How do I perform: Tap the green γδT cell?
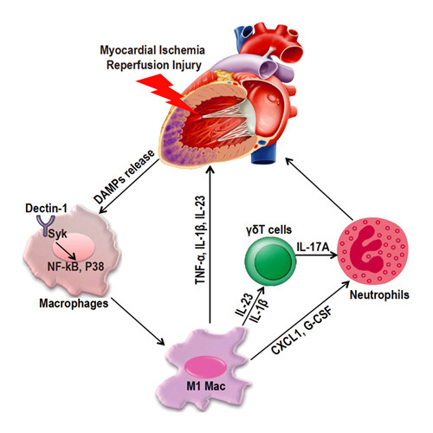270,262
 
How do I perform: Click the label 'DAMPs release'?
124,177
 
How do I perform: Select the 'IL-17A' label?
313,247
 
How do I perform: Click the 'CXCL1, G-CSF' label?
302,330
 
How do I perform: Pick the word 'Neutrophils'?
379,294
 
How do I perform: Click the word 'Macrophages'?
74,303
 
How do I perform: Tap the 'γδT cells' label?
269,229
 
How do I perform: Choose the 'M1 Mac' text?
206,386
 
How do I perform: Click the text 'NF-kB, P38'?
75,267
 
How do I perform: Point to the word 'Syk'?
57,234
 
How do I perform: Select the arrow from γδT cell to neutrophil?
317,255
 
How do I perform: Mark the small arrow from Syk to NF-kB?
66,251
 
